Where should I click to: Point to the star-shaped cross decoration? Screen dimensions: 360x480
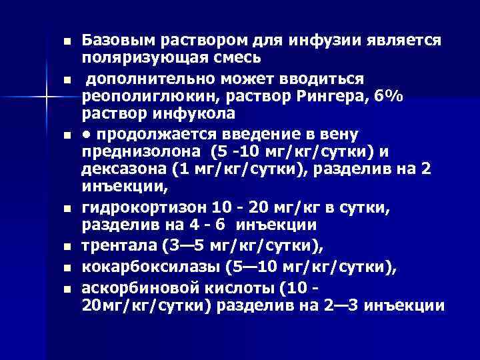coord(46,97)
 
